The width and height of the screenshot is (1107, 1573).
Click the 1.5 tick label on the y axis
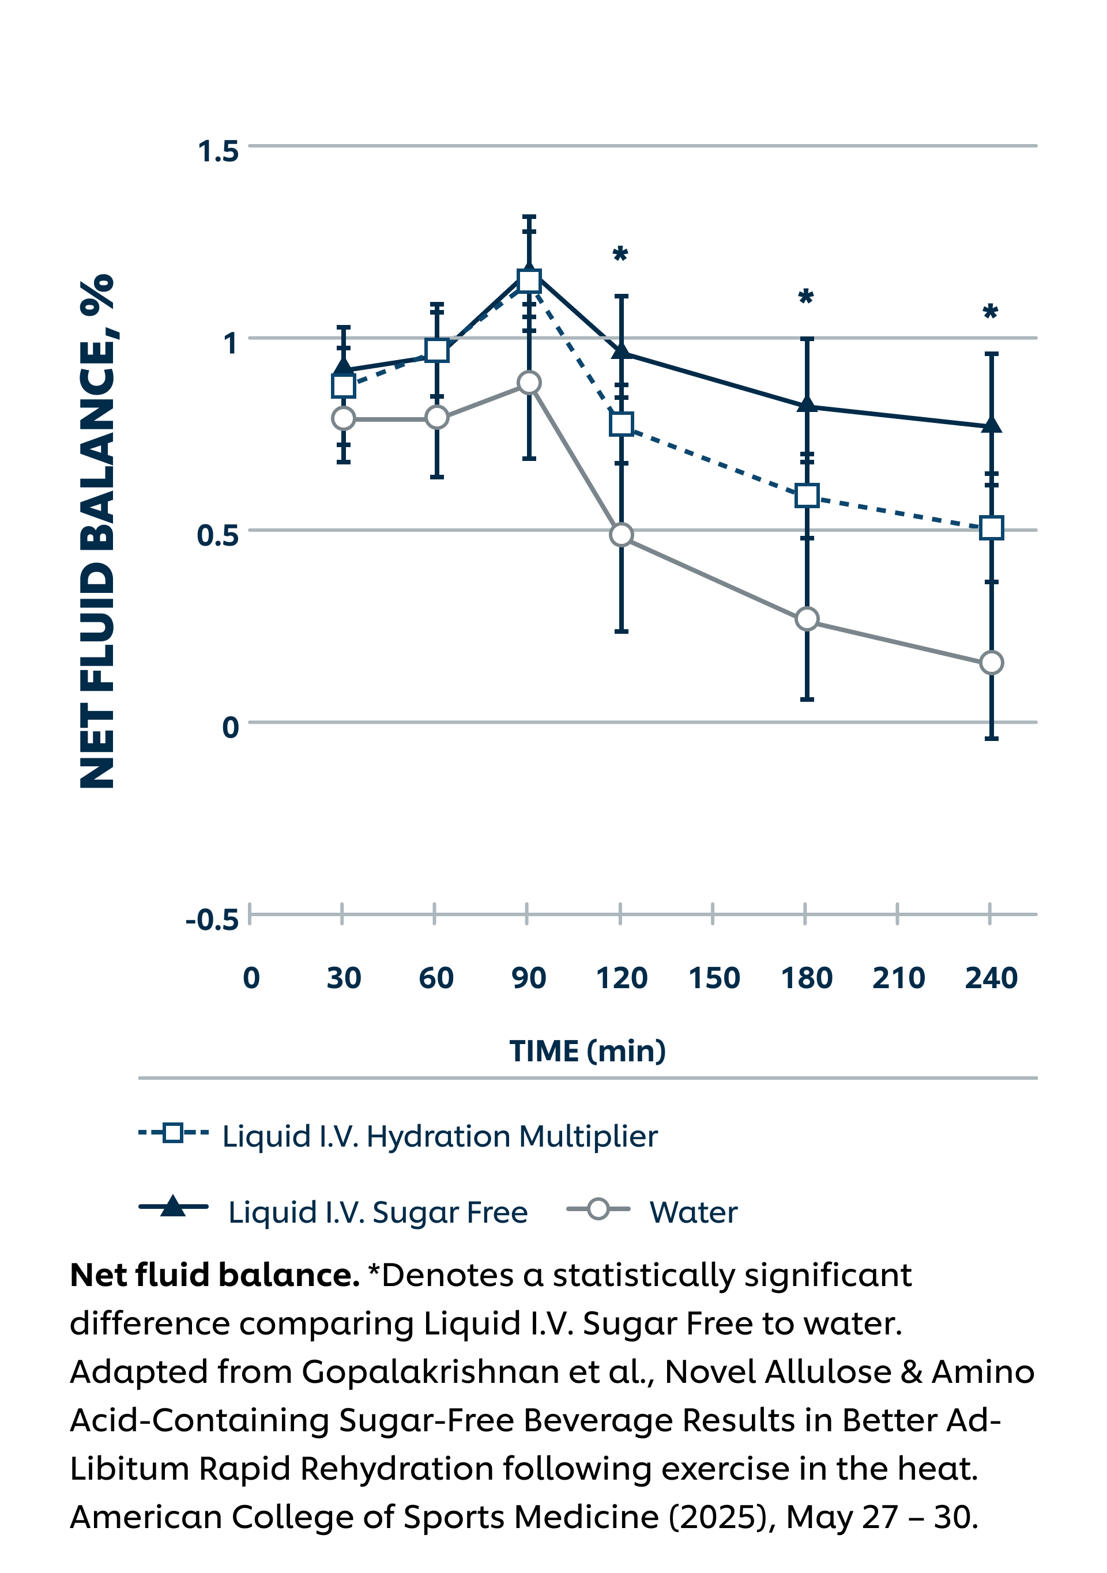coord(218,152)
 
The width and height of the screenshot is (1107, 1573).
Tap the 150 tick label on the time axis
coord(714,978)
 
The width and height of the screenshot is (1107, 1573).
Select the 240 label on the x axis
coord(991,978)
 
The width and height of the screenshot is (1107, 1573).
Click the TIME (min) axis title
coord(588,1051)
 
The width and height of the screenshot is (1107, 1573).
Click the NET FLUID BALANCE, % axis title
coord(97,531)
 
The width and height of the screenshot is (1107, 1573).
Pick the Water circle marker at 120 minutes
coord(621,534)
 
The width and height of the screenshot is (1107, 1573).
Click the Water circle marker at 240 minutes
coord(991,663)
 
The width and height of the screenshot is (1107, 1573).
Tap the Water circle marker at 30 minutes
coord(344,418)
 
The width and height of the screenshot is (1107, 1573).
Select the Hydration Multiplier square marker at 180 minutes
coord(807,496)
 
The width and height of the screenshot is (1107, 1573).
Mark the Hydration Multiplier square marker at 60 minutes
coord(436,350)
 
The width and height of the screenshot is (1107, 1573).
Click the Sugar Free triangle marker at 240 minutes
coord(991,425)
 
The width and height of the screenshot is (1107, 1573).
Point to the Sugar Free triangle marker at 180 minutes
coord(807,404)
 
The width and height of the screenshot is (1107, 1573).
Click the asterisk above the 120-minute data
coord(620,255)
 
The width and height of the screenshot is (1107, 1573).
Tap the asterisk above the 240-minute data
coord(990,312)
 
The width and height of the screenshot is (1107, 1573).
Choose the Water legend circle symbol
coord(598,1209)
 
